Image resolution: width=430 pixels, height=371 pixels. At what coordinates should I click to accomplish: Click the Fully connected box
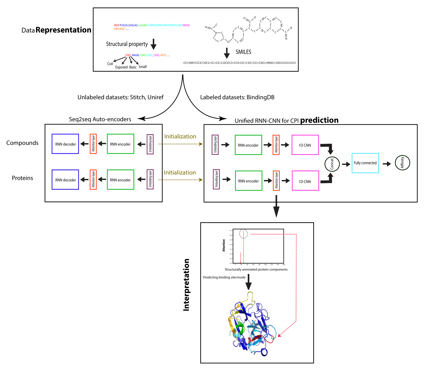[365, 163]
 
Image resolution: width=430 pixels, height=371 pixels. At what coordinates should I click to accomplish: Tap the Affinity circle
[402, 163]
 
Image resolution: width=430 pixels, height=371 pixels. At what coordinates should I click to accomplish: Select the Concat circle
[332, 164]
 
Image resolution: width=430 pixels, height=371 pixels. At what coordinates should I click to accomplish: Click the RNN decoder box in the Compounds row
[65, 144]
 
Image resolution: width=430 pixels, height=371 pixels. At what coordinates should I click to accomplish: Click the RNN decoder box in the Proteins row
[65, 180]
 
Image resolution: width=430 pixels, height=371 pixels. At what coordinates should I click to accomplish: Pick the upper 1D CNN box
[305, 145]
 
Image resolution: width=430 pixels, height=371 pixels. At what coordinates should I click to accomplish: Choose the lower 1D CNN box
[305, 181]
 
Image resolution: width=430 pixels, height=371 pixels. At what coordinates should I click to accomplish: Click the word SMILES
[243, 52]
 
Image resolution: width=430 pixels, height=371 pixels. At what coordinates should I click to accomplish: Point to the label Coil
[110, 64]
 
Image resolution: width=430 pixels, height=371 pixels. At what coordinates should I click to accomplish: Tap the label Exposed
[121, 67]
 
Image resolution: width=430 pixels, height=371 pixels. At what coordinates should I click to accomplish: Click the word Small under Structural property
[142, 67]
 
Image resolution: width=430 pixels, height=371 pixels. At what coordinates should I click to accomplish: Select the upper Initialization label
[180, 136]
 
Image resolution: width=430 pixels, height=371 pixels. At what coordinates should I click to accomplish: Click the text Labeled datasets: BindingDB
[237, 97]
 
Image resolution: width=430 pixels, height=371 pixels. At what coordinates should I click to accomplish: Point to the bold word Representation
[63, 30]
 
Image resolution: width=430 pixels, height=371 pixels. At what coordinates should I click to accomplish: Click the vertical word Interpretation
[186, 285]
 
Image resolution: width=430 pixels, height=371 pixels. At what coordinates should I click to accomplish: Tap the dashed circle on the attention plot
[243, 234]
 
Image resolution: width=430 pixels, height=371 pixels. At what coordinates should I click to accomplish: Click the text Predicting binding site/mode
[224, 277]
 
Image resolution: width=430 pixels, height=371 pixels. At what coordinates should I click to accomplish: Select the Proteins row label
[22, 178]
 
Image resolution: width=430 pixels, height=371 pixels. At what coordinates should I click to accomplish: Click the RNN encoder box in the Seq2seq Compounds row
[120, 144]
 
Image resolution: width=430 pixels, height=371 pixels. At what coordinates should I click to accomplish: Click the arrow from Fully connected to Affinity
[387, 164]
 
